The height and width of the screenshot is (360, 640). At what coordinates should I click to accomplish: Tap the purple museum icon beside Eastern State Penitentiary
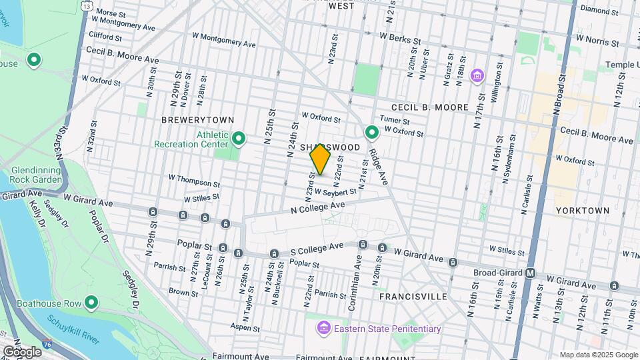click(x=323, y=328)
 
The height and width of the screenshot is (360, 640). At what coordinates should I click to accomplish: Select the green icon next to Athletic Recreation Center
click(x=239, y=139)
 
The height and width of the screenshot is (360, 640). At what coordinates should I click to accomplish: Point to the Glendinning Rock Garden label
click(x=37, y=175)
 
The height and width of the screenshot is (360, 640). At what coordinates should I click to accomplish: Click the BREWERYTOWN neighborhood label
click(x=197, y=119)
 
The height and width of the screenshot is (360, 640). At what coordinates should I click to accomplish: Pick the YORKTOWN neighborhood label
click(x=582, y=210)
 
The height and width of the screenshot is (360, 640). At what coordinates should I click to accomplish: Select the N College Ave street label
click(x=317, y=207)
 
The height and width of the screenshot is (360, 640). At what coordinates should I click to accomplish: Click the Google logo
click(x=22, y=351)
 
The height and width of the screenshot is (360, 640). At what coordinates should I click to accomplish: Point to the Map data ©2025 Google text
click(x=598, y=355)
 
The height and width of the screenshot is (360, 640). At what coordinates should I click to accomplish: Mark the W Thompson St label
click(x=194, y=180)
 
